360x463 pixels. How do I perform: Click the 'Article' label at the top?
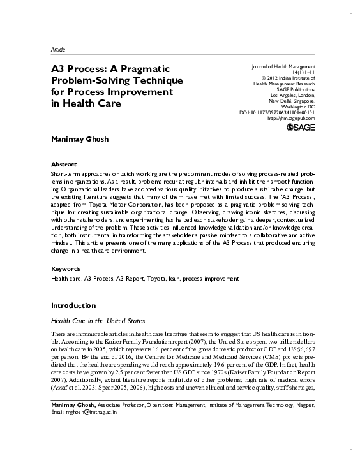(x=57, y=49)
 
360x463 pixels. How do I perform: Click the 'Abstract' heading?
(x=63, y=164)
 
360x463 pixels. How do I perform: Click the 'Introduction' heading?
(x=73, y=304)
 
